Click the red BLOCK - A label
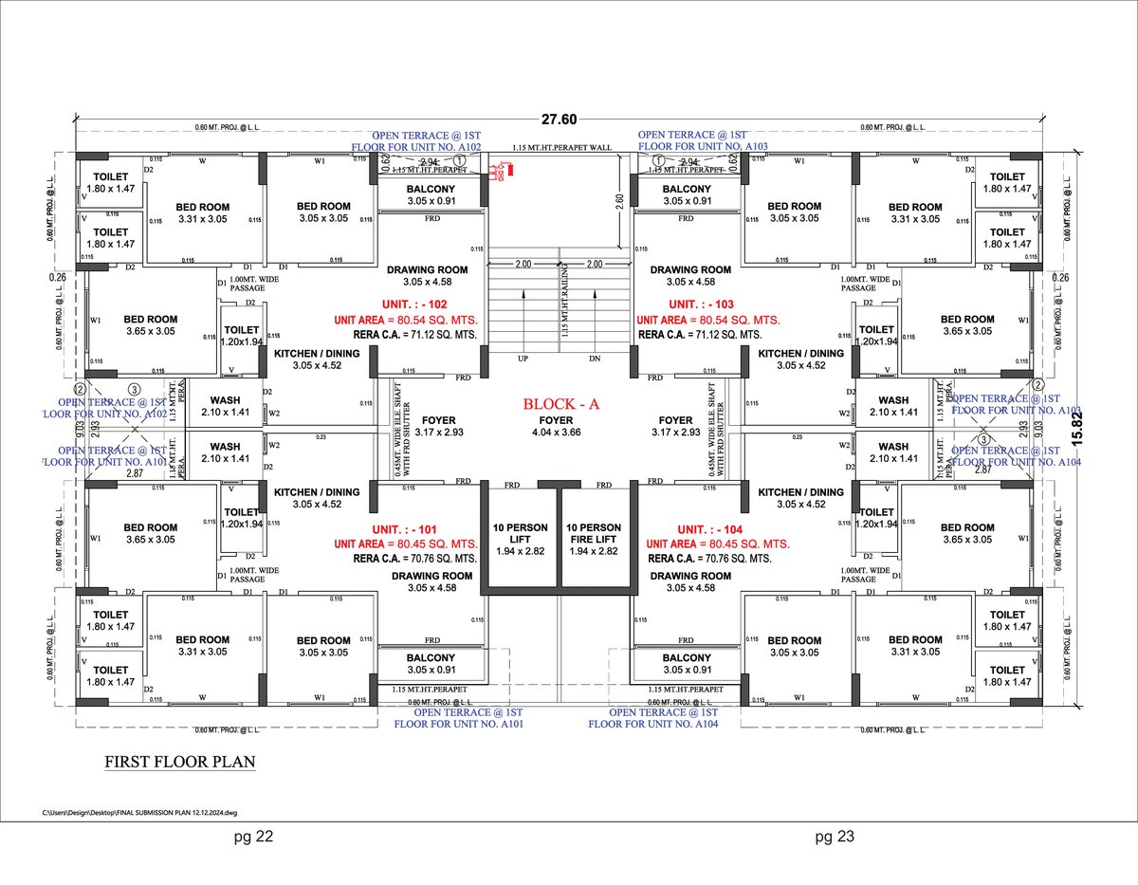[562, 403]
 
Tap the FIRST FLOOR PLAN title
[179, 761]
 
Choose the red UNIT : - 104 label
[717, 528]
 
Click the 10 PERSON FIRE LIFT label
[594, 539]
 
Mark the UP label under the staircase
[523, 360]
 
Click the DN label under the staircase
[595, 360]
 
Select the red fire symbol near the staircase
[500, 172]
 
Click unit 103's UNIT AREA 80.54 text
[708, 321]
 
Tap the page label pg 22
[254, 837]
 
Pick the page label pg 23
[835, 837]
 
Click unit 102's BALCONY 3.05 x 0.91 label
[430, 194]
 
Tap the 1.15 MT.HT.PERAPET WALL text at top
[561, 148]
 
